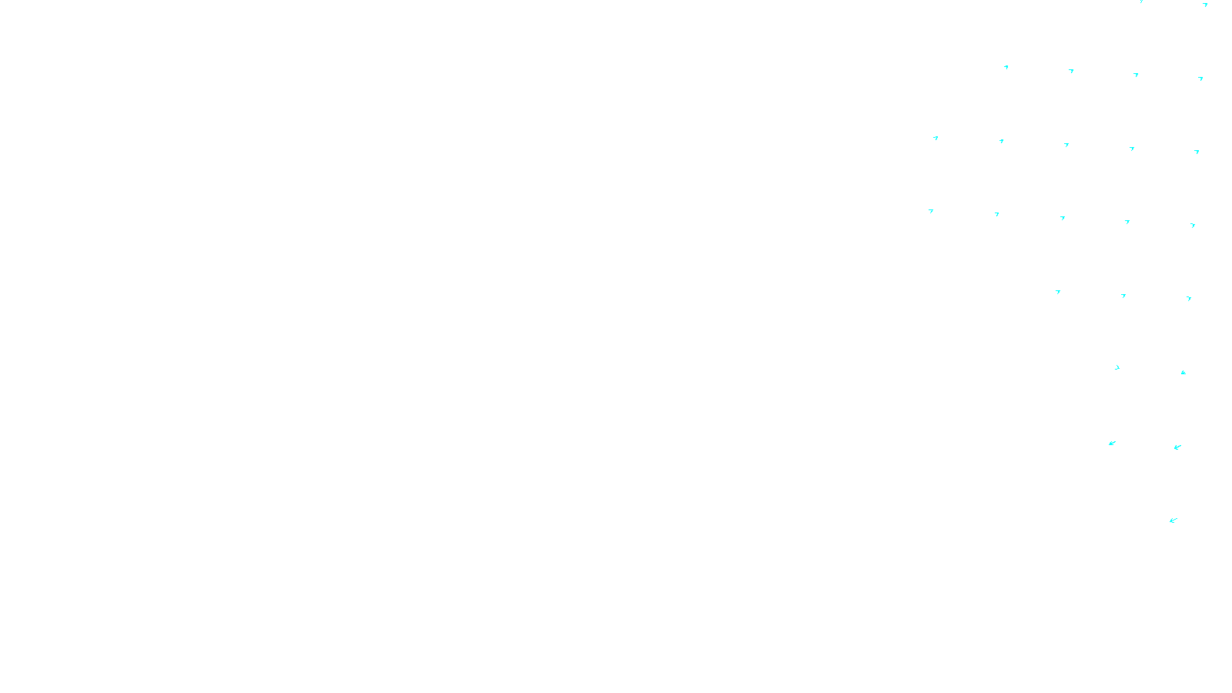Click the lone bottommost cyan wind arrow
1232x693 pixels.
[x=1173, y=521]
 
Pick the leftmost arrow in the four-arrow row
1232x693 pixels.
[x=1006, y=67]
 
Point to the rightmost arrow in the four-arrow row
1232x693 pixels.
[x=1200, y=78]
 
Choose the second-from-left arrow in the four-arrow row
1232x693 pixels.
[x=1071, y=71]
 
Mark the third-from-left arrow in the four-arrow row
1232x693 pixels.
[x=1136, y=75]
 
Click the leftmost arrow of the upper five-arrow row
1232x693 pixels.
[x=936, y=138]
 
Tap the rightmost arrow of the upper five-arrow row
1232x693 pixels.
[x=1197, y=152]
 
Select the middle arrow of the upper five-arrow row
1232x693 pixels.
[x=1066, y=145]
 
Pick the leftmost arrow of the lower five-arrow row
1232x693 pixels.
[x=931, y=210]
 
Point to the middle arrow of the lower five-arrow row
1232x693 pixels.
[x=1063, y=218]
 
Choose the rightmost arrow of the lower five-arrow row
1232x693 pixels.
[x=1193, y=225]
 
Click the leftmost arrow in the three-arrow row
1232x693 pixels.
[x=1058, y=292]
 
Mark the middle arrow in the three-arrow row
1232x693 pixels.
[x=1123, y=295]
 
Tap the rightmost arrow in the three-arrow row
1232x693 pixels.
[x=1189, y=298]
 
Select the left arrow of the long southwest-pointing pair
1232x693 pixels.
[x=1112, y=443]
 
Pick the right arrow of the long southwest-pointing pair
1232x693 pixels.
[x=1177, y=447]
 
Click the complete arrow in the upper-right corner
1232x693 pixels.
[x=1205, y=5]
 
